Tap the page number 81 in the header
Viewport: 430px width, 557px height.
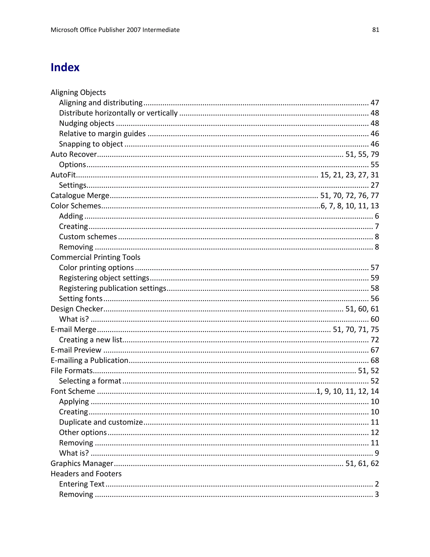[x=375, y=30]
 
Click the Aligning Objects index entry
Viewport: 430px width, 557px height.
[x=78, y=92]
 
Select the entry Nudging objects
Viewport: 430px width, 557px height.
[x=87, y=123]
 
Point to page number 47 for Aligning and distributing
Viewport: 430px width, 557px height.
[x=375, y=103]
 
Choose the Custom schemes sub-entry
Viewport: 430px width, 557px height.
[x=88, y=237]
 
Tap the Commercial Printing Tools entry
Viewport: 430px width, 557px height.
[x=95, y=257]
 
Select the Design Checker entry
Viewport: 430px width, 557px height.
[x=77, y=309]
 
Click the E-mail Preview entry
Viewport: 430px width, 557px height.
[x=76, y=350]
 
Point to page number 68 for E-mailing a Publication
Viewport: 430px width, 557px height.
[x=375, y=360]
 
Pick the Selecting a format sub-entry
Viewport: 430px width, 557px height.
[x=90, y=381]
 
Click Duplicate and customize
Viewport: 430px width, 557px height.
[x=101, y=422]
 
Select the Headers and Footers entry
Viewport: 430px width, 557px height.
[x=86, y=474]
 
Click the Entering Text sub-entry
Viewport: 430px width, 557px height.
[x=82, y=484]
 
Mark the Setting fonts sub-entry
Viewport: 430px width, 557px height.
[x=81, y=298]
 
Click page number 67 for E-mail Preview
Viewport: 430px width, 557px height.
[x=375, y=350]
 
